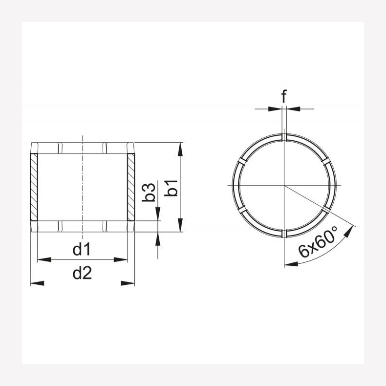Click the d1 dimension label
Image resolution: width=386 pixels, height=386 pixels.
tap(82, 250)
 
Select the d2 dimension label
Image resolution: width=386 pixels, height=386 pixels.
tap(82, 273)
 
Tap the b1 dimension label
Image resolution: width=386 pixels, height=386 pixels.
tap(171, 188)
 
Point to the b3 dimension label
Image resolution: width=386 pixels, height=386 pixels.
tap(149, 192)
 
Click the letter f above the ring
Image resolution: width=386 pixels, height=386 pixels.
tap(284, 97)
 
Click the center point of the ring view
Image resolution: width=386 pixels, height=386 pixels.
tap(284, 186)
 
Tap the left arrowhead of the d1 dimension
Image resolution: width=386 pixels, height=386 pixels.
tap(42, 259)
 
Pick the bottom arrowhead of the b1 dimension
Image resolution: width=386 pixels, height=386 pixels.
tap(181, 227)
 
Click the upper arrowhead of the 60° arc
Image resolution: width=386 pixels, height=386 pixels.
tap(349, 231)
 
